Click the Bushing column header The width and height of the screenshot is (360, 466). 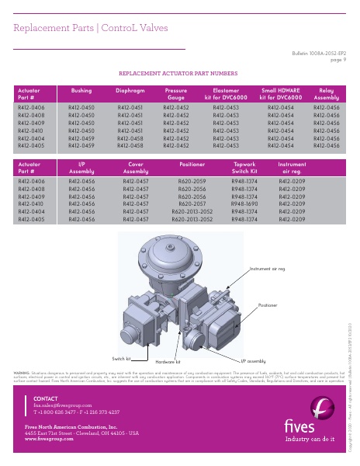coord(81,91)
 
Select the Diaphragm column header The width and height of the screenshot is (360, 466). coord(130,91)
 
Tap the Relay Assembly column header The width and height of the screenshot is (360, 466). coord(326,94)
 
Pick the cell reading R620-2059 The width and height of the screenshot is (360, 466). coord(192,180)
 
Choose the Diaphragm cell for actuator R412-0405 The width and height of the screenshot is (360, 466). coord(130,145)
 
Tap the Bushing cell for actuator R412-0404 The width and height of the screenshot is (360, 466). coord(81,138)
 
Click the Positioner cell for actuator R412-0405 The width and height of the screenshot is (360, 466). coord(192,220)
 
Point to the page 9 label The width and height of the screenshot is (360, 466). coord(338,58)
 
